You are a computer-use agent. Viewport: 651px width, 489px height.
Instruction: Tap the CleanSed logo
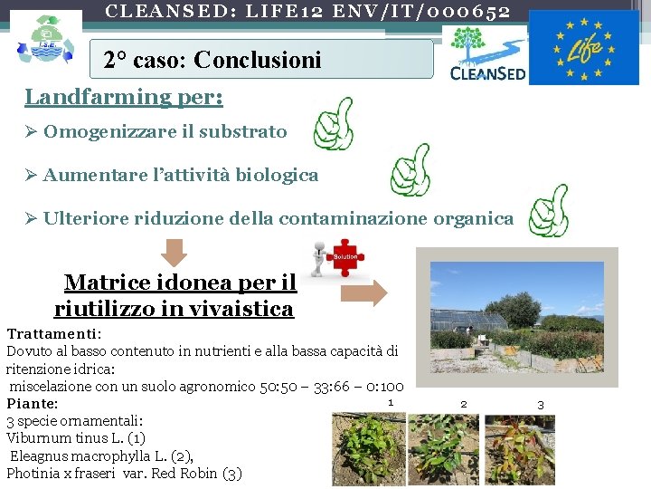pos(487,55)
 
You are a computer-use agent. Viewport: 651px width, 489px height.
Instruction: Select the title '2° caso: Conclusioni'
pos(212,61)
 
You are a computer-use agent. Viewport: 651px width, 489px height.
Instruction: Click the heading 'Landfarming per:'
pos(125,97)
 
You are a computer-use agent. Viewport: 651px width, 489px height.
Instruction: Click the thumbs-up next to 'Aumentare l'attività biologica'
pos(409,169)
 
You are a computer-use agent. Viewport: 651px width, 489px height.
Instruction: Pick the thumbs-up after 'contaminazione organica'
pos(548,211)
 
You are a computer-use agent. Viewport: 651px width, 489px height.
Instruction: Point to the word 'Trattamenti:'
pos(54,334)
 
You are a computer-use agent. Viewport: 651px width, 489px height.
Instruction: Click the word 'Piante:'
pos(33,404)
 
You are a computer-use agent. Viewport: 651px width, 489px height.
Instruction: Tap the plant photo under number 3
pos(519,448)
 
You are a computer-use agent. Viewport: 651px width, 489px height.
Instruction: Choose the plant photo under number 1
pos(367,449)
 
